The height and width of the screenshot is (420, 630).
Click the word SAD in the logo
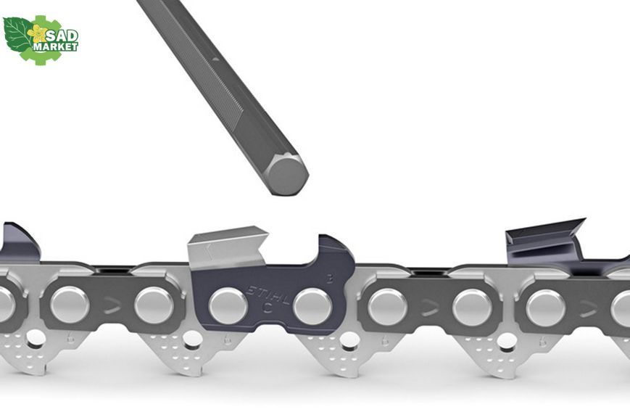[x=62, y=36]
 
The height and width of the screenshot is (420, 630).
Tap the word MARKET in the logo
[x=55, y=46]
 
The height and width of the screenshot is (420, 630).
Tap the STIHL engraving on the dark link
[x=268, y=295]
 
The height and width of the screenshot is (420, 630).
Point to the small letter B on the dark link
[x=329, y=279]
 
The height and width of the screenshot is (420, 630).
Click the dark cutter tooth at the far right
[x=544, y=241]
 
